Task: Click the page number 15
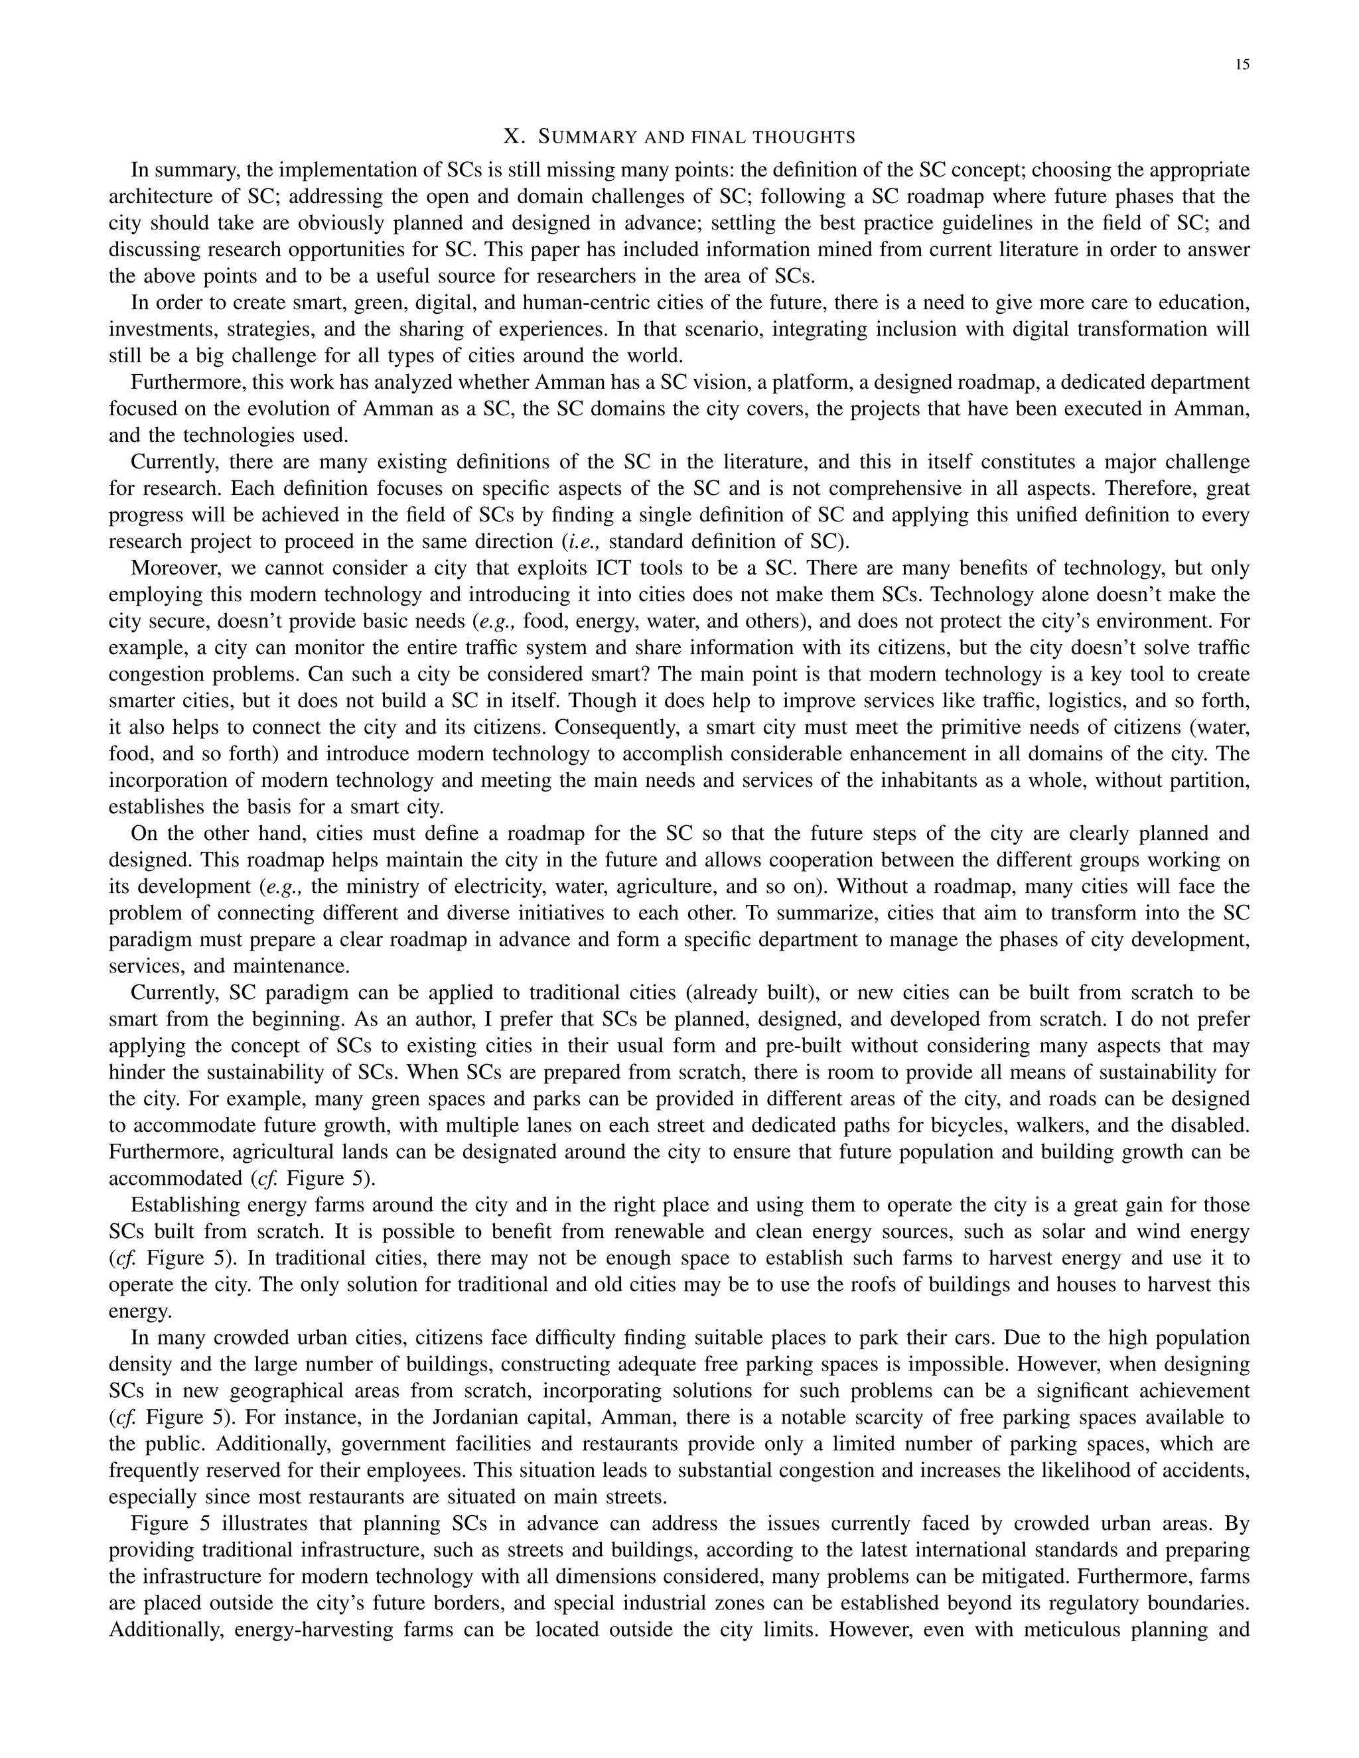pos(1242,65)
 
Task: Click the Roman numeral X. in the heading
pos(514,137)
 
